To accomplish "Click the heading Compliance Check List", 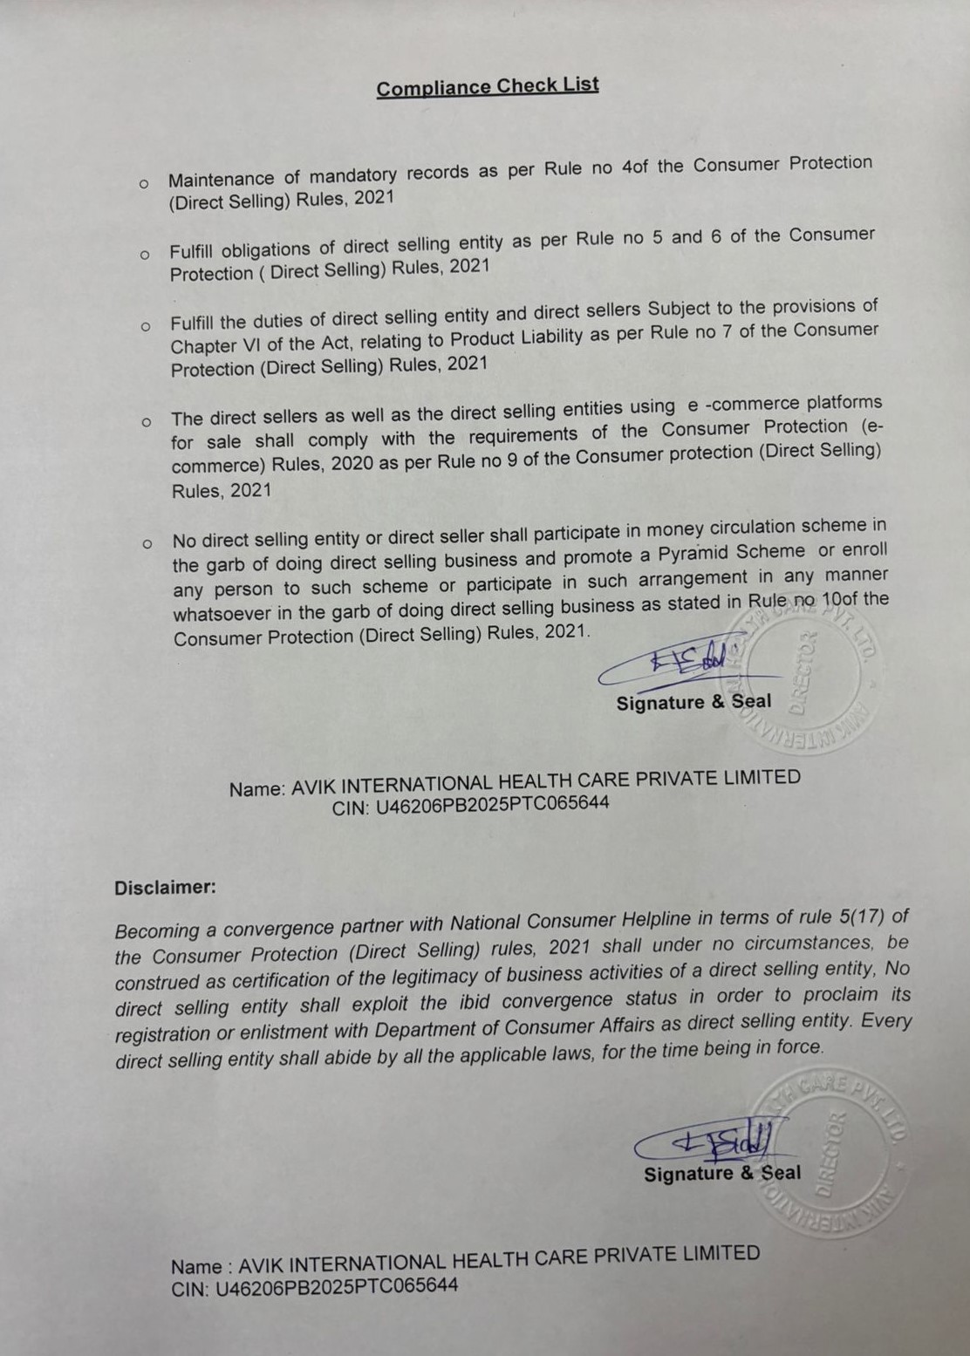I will click(488, 86).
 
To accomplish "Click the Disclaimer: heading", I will click(165, 888).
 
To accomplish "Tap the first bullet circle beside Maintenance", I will click(144, 183).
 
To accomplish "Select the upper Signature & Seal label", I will click(693, 702).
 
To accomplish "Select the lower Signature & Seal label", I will click(722, 1174).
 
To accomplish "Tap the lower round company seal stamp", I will click(829, 1151).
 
